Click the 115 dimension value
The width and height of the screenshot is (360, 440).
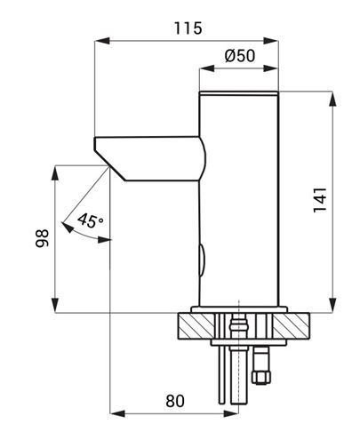pos(188,28)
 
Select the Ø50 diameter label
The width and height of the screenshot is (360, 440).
pos(239,55)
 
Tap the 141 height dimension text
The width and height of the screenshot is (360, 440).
pos(320,200)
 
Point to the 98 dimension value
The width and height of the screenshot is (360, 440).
pos(43,238)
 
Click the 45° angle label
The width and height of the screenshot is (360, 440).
pos(91,220)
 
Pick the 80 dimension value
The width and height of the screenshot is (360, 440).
pos(175,401)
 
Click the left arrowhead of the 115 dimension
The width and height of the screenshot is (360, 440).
pos(102,41)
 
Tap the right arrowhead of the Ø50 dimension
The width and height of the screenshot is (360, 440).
pos(270,68)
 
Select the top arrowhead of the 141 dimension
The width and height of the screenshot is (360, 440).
pos(332,99)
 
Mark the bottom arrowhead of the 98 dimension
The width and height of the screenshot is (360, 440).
pos(55,305)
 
